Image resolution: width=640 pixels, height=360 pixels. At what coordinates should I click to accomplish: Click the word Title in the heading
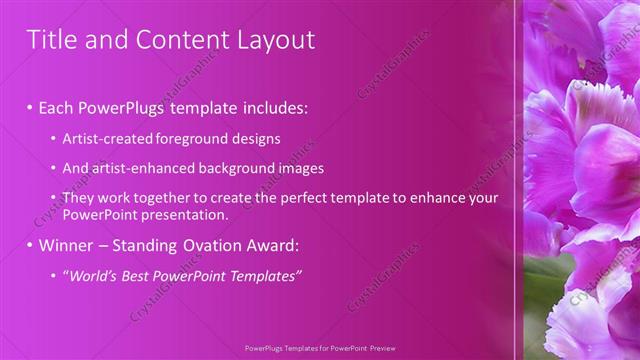48,40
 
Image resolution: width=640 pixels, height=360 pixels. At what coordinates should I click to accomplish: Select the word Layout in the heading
271,40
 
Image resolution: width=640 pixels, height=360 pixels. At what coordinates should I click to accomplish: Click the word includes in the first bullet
269,107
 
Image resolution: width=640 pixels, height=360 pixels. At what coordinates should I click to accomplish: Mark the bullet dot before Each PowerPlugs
30,107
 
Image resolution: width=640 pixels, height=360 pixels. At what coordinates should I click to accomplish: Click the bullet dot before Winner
30,245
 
